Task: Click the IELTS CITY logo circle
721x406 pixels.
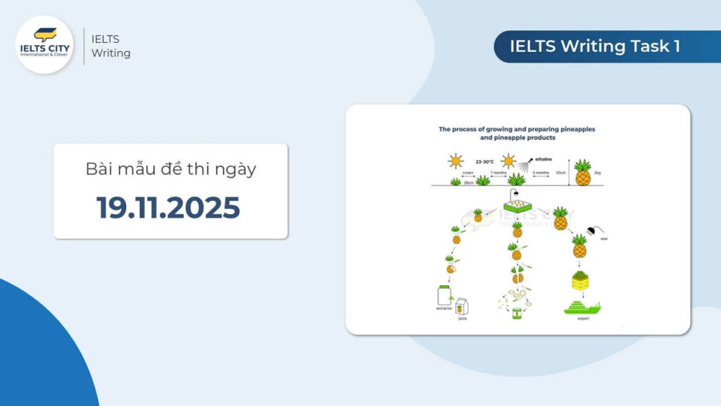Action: (x=44, y=44)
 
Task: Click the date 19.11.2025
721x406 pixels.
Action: (x=168, y=207)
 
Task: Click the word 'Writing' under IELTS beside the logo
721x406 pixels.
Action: (x=111, y=53)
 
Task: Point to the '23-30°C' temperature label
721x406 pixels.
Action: (x=484, y=161)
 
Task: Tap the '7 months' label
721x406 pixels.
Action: (x=499, y=173)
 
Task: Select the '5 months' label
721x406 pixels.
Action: (x=541, y=173)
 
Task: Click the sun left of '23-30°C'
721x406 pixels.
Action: (x=456, y=161)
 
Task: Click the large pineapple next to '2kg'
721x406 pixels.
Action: (x=583, y=173)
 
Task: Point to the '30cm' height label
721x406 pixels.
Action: (x=560, y=173)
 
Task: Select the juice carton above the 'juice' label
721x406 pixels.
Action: (x=462, y=307)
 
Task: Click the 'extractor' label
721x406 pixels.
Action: (x=444, y=309)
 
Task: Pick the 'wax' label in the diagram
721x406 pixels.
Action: (x=603, y=240)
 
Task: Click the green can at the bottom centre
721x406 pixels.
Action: (x=518, y=313)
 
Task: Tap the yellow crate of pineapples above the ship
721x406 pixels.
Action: (x=580, y=281)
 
